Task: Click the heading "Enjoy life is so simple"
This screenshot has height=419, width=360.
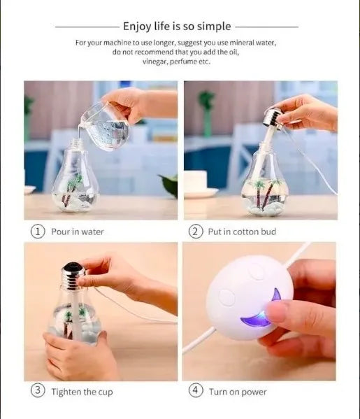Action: coord(176,27)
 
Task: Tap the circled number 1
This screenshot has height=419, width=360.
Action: coord(38,231)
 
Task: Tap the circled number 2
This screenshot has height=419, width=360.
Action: coord(196,231)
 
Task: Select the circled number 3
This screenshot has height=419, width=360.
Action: coord(38,391)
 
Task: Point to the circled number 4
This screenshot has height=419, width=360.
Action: coord(196,391)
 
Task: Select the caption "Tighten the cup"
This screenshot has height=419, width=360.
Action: coord(82,392)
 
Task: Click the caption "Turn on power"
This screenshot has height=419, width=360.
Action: coord(238,392)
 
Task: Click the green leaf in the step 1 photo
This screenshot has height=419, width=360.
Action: coord(169,185)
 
